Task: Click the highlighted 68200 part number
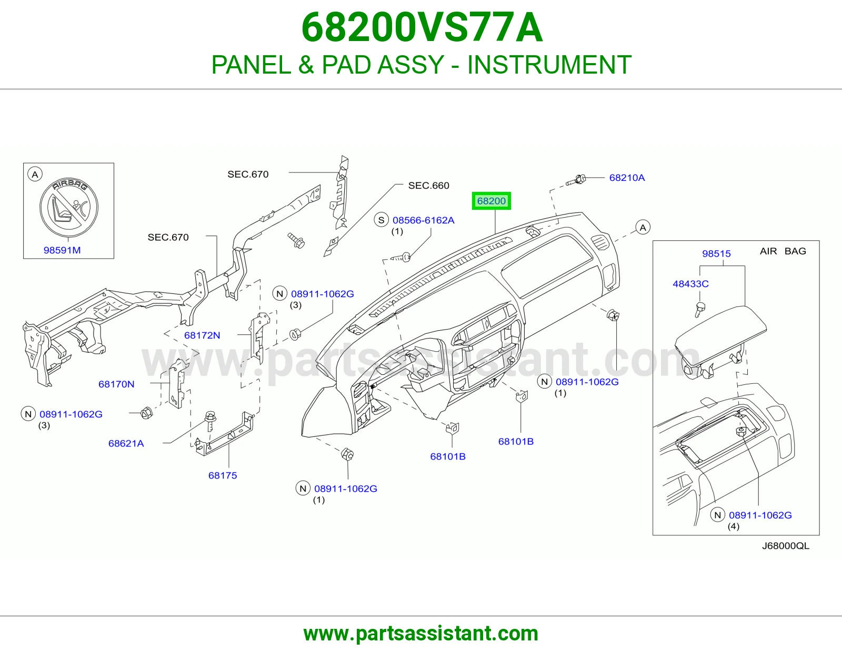[492, 201]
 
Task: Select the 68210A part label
[627, 178]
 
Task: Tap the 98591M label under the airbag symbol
[62, 250]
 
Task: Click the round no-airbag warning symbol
[69, 207]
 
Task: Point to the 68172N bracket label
[202, 335]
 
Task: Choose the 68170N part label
[116, 384]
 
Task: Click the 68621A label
[126, 443]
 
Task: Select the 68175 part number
[223, 475]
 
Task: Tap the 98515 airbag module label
[716, 253]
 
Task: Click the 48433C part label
[690, 284]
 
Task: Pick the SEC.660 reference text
[428, 186]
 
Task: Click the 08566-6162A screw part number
[424, 220]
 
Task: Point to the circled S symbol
[382, 220]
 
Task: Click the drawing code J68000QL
[786, 546]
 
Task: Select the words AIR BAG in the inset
[783, 251]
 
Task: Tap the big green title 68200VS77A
[422, 27]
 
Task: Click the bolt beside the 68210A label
[576, 180]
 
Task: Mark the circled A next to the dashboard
[643, 228]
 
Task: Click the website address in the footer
[421, 634]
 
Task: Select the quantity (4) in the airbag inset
[733, 526]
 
